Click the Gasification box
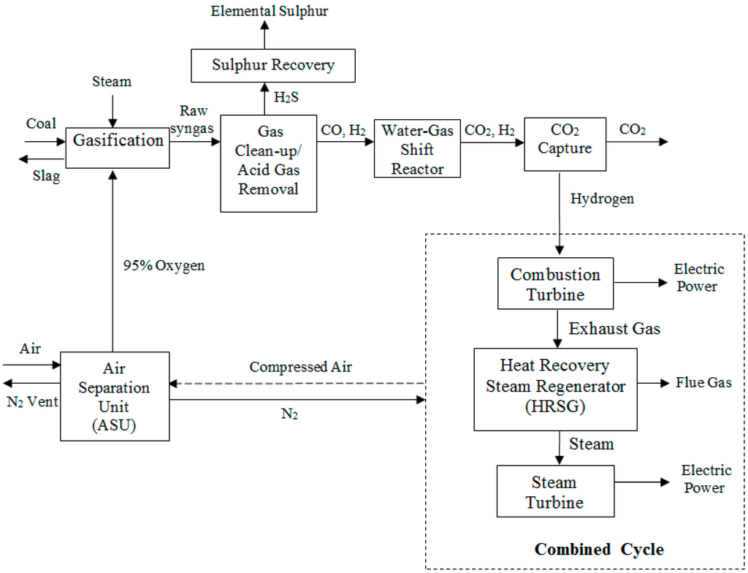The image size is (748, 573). tap(118, 140)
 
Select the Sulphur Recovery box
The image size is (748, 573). tap(273, 65)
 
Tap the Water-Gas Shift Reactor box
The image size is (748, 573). tap(417, 149)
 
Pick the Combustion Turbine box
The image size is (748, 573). tap(555, 284)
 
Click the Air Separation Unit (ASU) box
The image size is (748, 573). tap(114, 396)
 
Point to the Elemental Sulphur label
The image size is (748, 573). tap(270, 10)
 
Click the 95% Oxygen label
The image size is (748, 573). tap(164, 265)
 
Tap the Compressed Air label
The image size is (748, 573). tap(300, 367)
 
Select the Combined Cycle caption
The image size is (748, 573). tap(599, 549)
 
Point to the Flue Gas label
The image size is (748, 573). tap(703, 382)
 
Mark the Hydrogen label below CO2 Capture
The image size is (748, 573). tap(603, 199)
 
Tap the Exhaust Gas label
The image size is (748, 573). tap(614, 329)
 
